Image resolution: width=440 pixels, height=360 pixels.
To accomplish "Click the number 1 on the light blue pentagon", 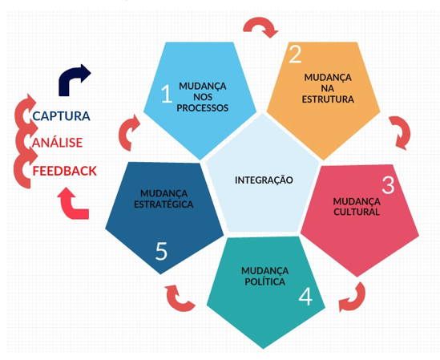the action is pos(167,94).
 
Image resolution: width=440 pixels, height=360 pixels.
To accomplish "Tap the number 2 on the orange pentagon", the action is pos(295,54).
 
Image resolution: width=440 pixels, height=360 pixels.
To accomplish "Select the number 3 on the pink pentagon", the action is pos(389,184).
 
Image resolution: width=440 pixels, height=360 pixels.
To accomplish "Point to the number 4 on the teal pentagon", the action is pos(305,297).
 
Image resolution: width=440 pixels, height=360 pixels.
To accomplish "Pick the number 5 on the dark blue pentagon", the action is pos(161,250).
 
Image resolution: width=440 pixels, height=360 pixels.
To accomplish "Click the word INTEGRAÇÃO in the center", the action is pos(264,180).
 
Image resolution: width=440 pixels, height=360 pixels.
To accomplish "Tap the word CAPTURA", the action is pos(61,116).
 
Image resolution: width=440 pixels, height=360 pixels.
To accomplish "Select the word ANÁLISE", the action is pos(57,142).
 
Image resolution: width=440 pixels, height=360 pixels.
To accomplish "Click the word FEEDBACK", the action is pos(65,171).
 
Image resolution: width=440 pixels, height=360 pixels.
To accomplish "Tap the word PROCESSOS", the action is pos(203,107).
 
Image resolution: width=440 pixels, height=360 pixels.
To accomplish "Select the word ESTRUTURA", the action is pos(328,99).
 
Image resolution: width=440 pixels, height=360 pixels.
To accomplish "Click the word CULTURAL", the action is pos(357,212).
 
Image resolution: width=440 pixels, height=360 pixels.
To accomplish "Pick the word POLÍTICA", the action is pos(265,281).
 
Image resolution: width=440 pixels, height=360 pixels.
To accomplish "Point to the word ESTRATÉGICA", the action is pos(163,204).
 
